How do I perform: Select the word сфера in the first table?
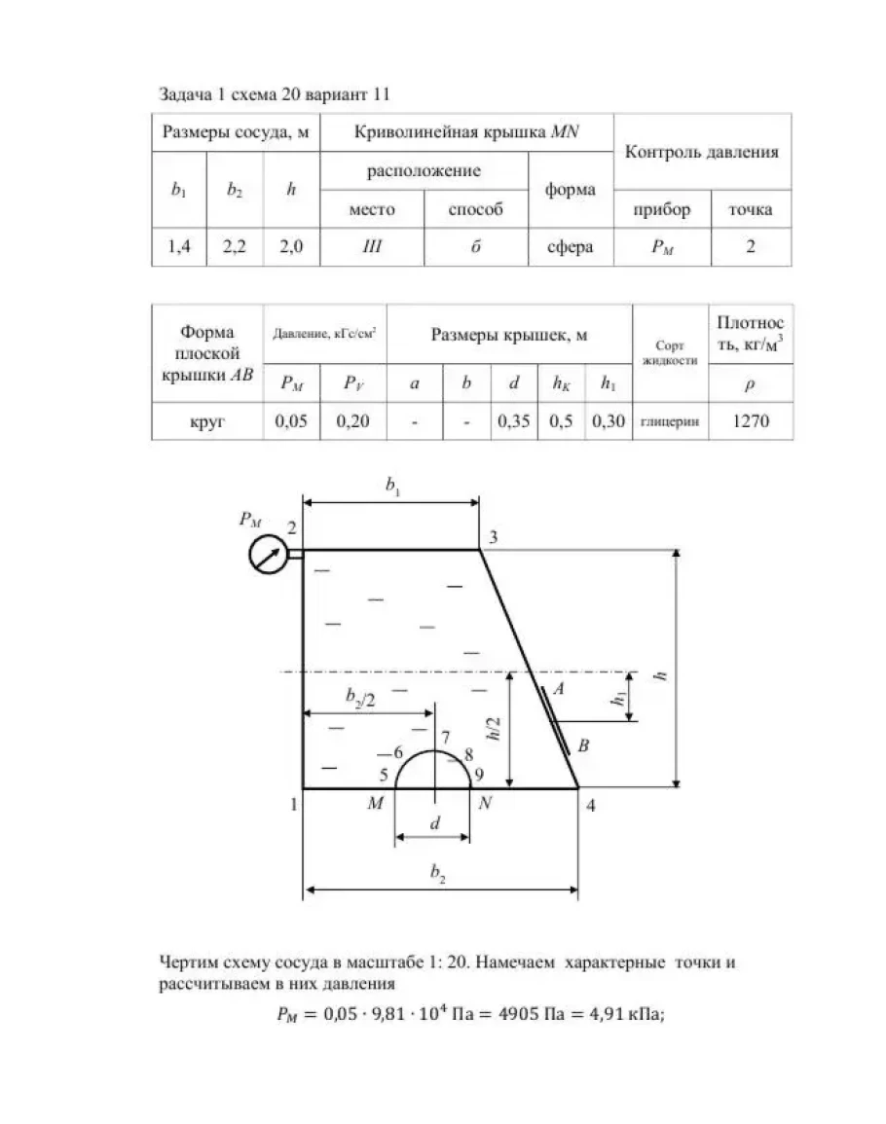[x=570, y=247]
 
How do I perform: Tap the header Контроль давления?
[x=701, y=152]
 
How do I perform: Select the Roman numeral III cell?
[x=372, y=247]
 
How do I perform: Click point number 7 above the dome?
[x=445, y=737]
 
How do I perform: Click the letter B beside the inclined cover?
[x=582, y=746]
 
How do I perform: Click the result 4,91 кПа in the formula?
[x=621, y=1014]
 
